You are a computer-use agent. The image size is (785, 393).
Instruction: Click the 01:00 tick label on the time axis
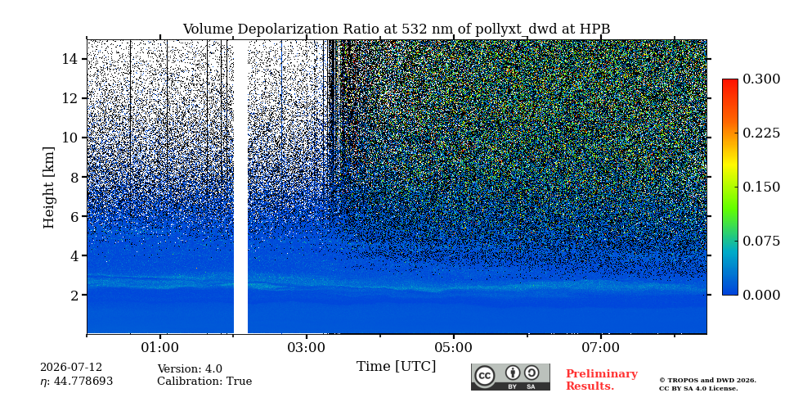click(x=160, y=347)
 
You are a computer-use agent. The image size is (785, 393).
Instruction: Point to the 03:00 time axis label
click(x=307, y=347)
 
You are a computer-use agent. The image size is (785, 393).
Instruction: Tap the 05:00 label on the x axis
click(x=454, y=347)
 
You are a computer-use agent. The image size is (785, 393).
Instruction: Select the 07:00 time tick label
click(x=601, y=347)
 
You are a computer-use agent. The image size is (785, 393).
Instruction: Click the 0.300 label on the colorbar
click(x=761, y=79)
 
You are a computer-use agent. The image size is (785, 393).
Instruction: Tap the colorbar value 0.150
click(x=761, y=187)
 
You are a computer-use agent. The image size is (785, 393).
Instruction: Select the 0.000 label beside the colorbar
click(x=761, y=295)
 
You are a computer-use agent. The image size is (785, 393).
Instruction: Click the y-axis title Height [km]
click(x=48, y=187)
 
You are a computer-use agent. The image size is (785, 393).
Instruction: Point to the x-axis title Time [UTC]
click(x=396, y=367)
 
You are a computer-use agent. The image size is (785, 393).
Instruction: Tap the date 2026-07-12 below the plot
click(x=71, y=368)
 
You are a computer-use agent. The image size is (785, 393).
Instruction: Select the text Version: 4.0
click(x=190, y=369)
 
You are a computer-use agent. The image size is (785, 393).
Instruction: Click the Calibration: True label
click(x=204, y=381)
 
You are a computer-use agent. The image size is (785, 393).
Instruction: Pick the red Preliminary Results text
click(x=602, y=380)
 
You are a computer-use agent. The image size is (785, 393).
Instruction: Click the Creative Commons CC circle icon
click(x=485, y=376)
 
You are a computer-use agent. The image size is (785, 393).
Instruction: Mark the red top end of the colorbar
click(x=730, y=80)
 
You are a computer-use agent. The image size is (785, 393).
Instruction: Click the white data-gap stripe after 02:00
click(x=240, y=187)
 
